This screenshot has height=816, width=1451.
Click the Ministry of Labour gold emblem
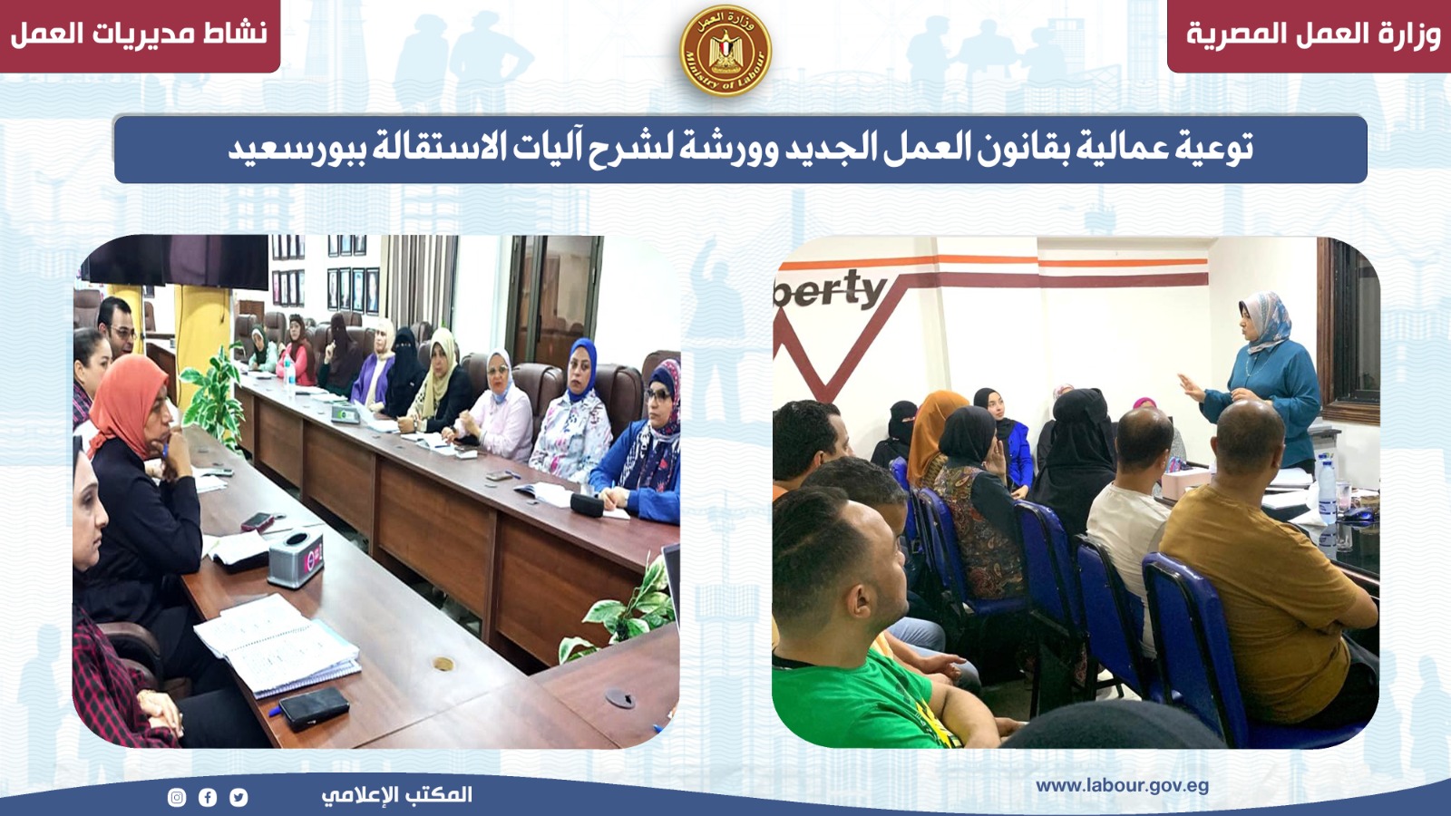(725, 51)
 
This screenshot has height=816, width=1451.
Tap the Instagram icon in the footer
(177, 797)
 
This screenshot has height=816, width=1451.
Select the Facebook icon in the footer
(208, 797)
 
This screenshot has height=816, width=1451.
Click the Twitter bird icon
(239, 797)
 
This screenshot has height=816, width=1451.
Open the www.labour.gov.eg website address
(1122, 786)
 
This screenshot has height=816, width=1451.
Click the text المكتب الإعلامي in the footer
(396, 794)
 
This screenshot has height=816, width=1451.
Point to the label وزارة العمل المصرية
(1313, 34)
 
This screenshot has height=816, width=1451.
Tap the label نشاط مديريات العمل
(139, 33)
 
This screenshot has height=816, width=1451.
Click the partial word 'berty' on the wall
(831, 289)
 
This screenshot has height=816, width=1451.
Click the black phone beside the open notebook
(314, 708)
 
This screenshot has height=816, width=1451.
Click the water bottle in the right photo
(1327, 490)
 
